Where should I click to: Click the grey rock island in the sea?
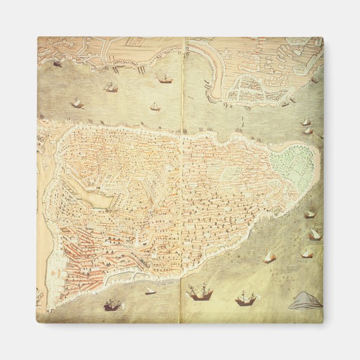click(x=306, y=301)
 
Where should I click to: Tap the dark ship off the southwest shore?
click(x=112, y=305)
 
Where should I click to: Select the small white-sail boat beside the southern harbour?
click(x=150, y=291)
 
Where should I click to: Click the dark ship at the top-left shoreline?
click(x=57, y=64)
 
